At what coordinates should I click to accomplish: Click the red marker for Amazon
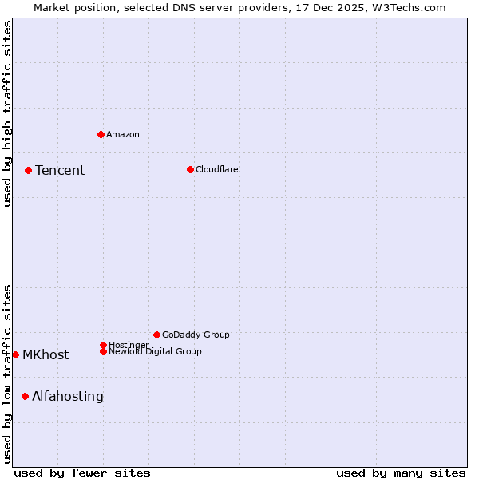(x=101, y=134)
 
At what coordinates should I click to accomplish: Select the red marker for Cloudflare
(x=190, y=169)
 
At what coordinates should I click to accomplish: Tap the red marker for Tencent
(x=28, y=170)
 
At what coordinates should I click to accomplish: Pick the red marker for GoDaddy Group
(x=156, y=335)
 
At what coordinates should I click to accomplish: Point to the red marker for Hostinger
(x=103, y=345)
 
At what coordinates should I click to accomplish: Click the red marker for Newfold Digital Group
(x=103, y=351)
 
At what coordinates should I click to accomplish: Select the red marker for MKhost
(x=15, y=354)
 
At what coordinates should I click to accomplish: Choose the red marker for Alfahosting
(x=25, y=396)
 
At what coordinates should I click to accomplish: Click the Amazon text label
(x=123, y=134)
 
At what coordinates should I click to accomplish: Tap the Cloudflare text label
(x=217, y=169)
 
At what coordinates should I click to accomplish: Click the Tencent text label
(x=60, y=170)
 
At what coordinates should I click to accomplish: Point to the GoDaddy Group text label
(x=196, y=335)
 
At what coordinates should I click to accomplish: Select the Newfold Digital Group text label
(x=155, y=351)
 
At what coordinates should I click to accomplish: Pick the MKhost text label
(x=46, y=354)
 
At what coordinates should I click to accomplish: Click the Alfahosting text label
(x=68, y=396)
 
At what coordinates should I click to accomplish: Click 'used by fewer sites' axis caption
(x=82, y=473)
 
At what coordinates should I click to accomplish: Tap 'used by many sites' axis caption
(x=401, y=473)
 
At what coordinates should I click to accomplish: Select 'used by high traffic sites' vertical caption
(x=7, y=113)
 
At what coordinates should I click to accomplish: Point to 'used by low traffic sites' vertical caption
(x=7, y=373)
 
